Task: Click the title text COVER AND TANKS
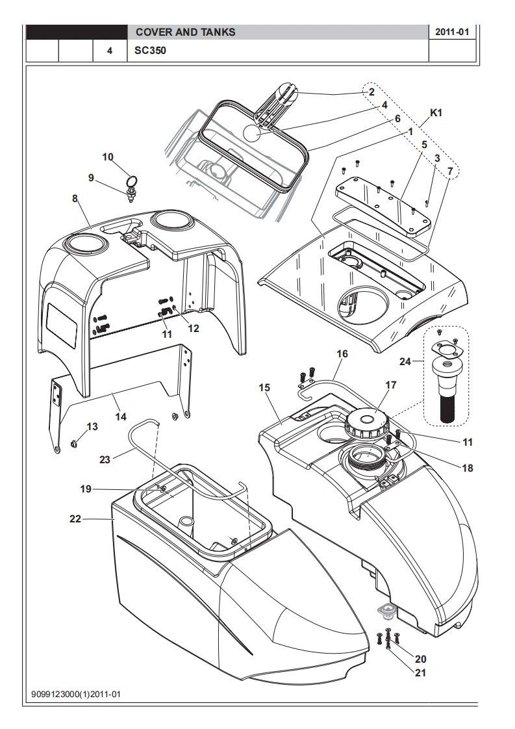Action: tap(185, 32)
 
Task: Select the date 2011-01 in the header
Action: tap(452, 32)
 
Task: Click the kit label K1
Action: tap(436, 113)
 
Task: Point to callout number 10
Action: tap(108, 157)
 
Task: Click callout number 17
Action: tap(390, 385)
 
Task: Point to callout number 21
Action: tap(420, 672)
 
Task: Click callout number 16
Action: tap(342, 354)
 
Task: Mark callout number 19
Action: tap(86, 489)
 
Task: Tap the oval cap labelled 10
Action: tap(132, 180)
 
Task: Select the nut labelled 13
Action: tap(74, 444)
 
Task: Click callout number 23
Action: tap(107, 459)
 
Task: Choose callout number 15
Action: tap(264, 388)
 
